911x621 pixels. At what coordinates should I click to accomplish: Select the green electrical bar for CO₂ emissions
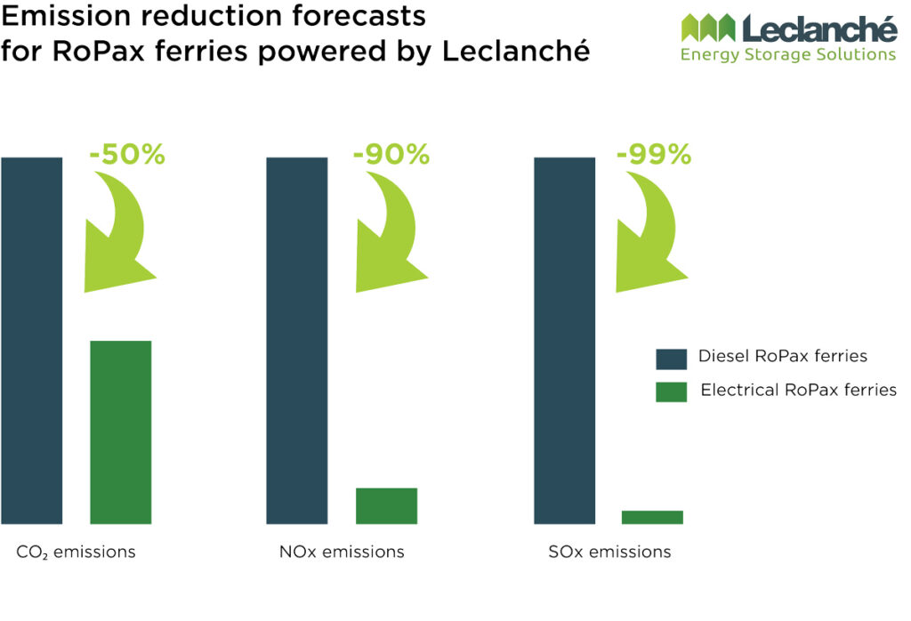[x=121, y=431]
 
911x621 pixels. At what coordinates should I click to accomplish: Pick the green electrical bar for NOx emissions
[x=386, y=505]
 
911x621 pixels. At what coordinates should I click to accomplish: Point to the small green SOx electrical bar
[x=652, y=517]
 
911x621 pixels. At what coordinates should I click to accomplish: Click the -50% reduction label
[x=127, y=155]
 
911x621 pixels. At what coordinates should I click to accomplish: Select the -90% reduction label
[x=391, y=155]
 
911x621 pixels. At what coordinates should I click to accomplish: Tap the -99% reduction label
[x=654, y=155]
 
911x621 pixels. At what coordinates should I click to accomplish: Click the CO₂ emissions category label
[x=77, y=552]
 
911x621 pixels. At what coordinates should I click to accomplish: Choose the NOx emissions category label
[x=342, y=552]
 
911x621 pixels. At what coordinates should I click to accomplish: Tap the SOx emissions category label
[x=609, y=552]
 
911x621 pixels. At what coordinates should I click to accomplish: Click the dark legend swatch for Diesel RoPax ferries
[x=671, y=359]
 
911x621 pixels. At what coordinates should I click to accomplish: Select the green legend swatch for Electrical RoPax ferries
[x=671, y=391]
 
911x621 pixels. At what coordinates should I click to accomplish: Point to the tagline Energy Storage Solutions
[x=787, y=55]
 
